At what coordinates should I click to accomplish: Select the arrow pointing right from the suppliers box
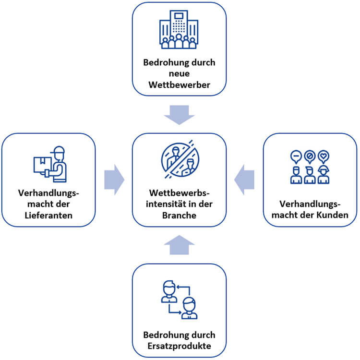(114, 180)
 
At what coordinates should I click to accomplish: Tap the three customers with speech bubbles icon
(311, 168)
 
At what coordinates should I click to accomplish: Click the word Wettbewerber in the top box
(179, 85)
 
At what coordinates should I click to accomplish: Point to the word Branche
(179, 215)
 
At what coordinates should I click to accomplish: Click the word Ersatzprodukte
(179, 345)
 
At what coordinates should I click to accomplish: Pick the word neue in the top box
(179, 74)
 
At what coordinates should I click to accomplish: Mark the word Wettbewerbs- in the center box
(179, 193)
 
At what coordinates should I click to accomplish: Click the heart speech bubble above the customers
(325, 156)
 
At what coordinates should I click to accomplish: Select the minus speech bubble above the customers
(296, 156)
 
